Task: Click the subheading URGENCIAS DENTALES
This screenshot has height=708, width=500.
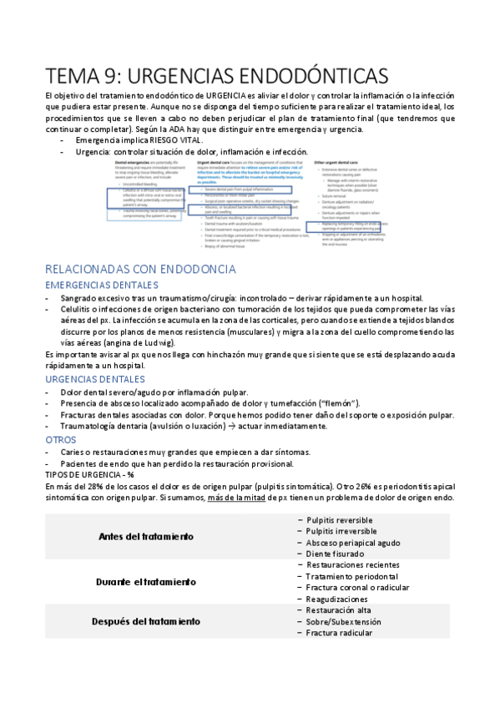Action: coord(96,378)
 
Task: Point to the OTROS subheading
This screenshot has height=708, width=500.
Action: coord(61,439)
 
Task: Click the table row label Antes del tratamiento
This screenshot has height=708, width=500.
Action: coord(147,536)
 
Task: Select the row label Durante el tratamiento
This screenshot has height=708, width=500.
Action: coord(146,581)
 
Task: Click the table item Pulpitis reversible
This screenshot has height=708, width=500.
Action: coord(340,519)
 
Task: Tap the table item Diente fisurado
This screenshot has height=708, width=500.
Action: coord(335,554)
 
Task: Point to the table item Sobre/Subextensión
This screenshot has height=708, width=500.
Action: coord(343,622)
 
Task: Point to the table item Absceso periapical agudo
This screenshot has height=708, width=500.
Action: coord(356,542)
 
